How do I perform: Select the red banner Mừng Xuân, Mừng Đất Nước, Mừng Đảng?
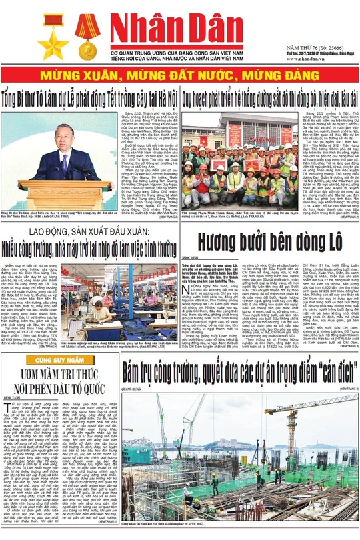click(x=180, y=73)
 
